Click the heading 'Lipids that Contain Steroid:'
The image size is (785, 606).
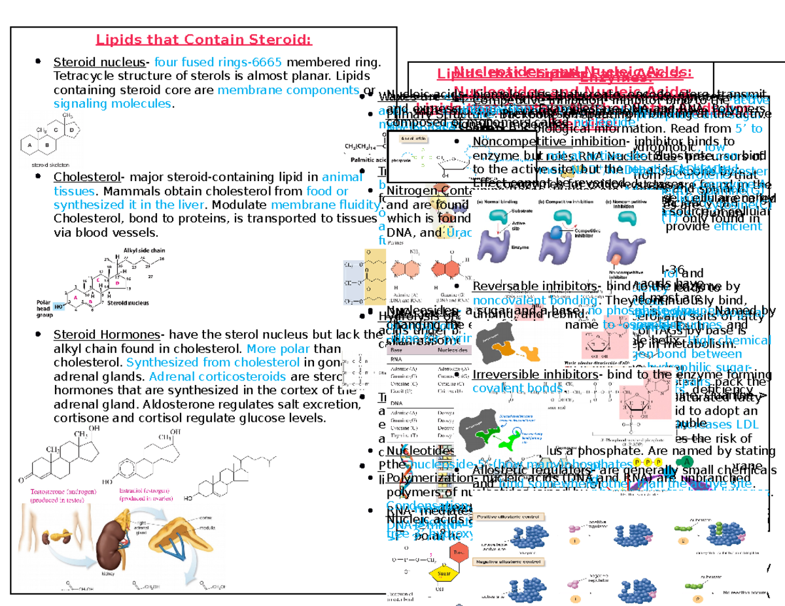pyautogui.click(x=203, y=41)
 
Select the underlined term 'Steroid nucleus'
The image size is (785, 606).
pyautogui.click(x=99, y=63)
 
